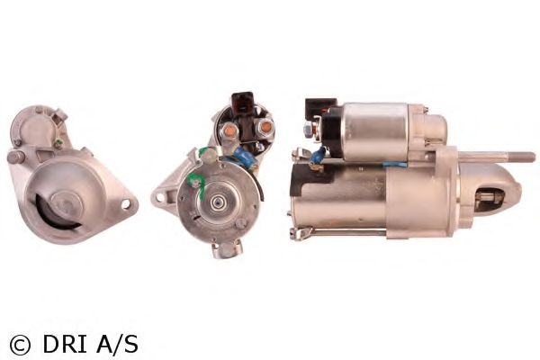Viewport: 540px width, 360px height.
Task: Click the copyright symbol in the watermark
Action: coord(21,345)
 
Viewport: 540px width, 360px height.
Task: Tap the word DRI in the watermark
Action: coord(64,344)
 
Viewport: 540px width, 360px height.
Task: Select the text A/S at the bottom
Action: coord(117,344)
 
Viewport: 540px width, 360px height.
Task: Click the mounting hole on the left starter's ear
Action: coord(125,203)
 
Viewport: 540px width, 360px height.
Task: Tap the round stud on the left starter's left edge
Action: coord(15,157)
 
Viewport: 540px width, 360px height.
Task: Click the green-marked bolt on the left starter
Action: coord(58,142)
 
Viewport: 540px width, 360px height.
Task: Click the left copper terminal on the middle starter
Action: coord(228,130)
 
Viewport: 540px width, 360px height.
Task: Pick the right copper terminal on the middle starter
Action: coord(265,127)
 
